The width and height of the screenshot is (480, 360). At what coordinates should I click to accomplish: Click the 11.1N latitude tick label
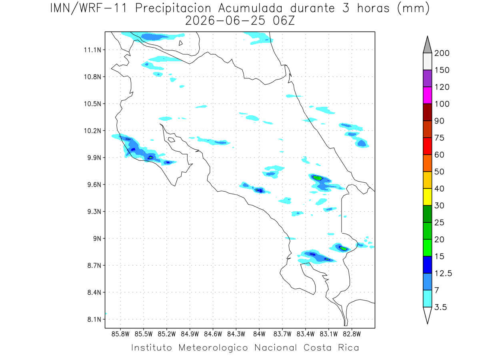pyautogui.click(x=92, y=50)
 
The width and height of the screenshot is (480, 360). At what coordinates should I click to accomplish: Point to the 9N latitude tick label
pyautogui.click(x=97, y=238)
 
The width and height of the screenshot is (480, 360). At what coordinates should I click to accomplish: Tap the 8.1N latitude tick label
pyautogui.click(x=94, y=319)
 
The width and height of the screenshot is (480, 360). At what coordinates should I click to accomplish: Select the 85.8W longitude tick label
pyautogui.click(x=120, y=334)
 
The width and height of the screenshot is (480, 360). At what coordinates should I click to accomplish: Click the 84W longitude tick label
pyautogui.click(x=259, y=334)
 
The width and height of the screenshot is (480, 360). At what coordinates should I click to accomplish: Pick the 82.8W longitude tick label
pyautogui.click(x=352, y=334)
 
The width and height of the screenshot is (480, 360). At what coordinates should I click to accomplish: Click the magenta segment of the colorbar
pyautogui.click(x=427, y=95)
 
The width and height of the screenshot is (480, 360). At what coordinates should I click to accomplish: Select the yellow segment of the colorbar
pyautogui.click(x=427, y=197)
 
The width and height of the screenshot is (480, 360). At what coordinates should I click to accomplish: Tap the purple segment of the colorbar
pyautogui.click(x=427, y=78)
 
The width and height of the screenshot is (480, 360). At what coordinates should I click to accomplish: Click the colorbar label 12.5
pyautogui.click(x=443, y=274)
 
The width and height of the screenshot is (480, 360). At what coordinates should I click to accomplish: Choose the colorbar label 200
pyautogui.click(x=442, y=53)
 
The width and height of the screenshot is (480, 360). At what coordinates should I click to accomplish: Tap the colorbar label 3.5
pyautogui.click(x=440, y=307)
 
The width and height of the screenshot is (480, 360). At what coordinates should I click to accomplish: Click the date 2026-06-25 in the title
pyautogui.click(x=225, y=21)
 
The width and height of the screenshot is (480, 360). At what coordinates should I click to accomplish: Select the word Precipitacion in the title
pyautogui.click(x=173, y=8)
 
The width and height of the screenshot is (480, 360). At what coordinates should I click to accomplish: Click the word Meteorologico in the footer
pyautogui.click(x=213, y=348)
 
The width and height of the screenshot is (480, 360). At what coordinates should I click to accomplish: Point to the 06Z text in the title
pyautogui.click(x=284, y=21)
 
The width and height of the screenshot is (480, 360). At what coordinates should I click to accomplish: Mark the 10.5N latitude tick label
pyautogui.click(x=92, y=104)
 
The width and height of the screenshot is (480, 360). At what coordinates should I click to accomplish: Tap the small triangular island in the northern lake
pyautogui.click(x=180, y=43)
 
